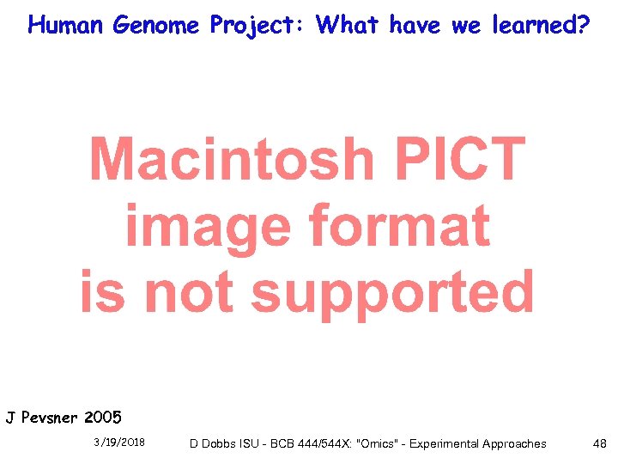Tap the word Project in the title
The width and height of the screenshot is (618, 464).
tap(258, 25)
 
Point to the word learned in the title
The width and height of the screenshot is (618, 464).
tap(531, 25)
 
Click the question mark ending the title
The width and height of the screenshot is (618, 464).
tap(583, 25)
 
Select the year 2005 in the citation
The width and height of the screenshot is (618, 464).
tap(103, 418)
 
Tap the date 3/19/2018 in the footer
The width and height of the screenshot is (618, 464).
tap(119, 443)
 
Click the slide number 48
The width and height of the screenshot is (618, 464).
tap(599, 443)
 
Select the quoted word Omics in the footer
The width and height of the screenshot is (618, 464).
tap(381, 443)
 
